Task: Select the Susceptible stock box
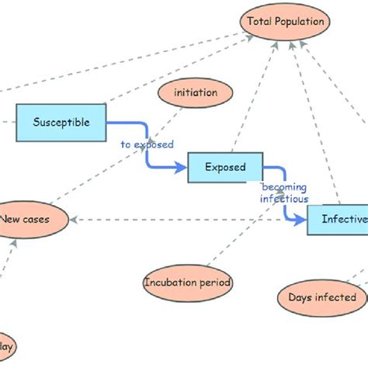(61, 122)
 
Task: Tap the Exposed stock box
(225, 167)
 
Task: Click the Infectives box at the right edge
(338, 220)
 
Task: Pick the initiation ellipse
(196, 93)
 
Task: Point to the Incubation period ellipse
(188, 283)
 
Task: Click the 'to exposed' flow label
(147, 144)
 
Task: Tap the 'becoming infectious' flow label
(283, 193)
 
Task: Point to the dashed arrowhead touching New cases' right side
(75, 220)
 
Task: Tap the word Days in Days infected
(301, 297)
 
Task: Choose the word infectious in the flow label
(283, 198)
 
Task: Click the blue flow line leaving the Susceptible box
(124, 122)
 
